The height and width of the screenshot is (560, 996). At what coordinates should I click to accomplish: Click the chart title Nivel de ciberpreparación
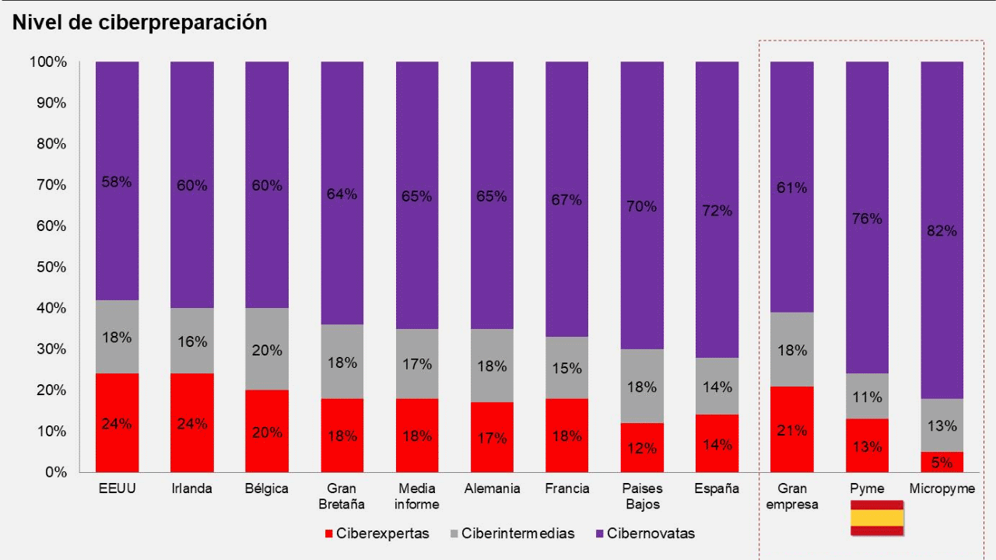139,23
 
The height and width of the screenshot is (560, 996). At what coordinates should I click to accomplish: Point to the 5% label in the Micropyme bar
942,463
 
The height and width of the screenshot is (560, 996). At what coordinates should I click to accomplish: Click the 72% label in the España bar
717,211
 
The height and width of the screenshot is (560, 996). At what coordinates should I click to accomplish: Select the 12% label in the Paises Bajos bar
642,449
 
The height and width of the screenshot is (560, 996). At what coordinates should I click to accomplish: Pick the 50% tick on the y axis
47,268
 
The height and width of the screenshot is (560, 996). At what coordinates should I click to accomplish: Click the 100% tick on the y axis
47,61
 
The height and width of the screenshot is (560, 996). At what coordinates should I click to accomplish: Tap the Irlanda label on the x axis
191,489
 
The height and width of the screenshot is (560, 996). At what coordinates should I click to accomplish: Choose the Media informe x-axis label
416,496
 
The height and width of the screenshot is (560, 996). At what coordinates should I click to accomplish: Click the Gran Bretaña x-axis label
342,496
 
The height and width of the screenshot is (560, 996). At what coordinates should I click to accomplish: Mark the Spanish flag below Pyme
876,519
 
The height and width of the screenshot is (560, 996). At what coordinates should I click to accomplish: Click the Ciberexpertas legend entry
377,534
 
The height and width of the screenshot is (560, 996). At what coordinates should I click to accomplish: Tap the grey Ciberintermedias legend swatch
454,534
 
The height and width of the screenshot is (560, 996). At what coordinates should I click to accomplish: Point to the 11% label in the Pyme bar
867,397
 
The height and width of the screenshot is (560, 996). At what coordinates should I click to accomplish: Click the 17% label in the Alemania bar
492,439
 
